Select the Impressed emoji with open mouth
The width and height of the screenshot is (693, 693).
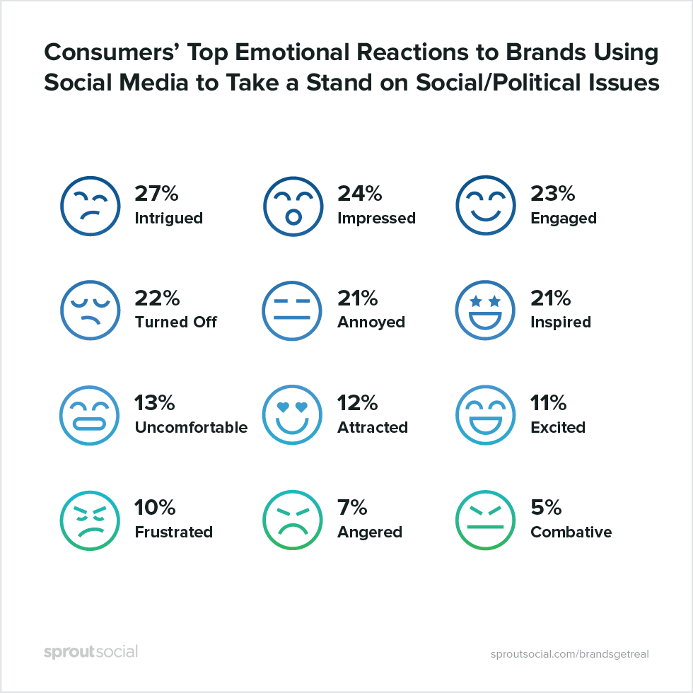(291, 205)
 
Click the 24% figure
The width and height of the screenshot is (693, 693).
(359, 193)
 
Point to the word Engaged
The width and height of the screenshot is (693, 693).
(563, 219)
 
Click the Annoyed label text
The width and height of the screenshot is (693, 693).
(371, 322)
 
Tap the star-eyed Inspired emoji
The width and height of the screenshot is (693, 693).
(485, 310)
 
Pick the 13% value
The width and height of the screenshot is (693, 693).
(154, 403)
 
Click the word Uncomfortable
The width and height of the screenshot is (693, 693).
(191, 428)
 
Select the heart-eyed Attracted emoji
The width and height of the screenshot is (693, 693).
(291, 414)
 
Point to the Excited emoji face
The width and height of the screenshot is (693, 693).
(485, 414)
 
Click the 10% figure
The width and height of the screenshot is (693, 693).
(155, 508)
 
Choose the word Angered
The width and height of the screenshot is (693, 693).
(369, 532)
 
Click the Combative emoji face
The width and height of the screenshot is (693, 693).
(485, 520)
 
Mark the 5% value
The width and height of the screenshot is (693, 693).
(546, 508)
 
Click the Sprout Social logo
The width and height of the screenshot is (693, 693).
(91, 651)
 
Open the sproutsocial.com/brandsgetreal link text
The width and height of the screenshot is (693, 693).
(569, 653)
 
